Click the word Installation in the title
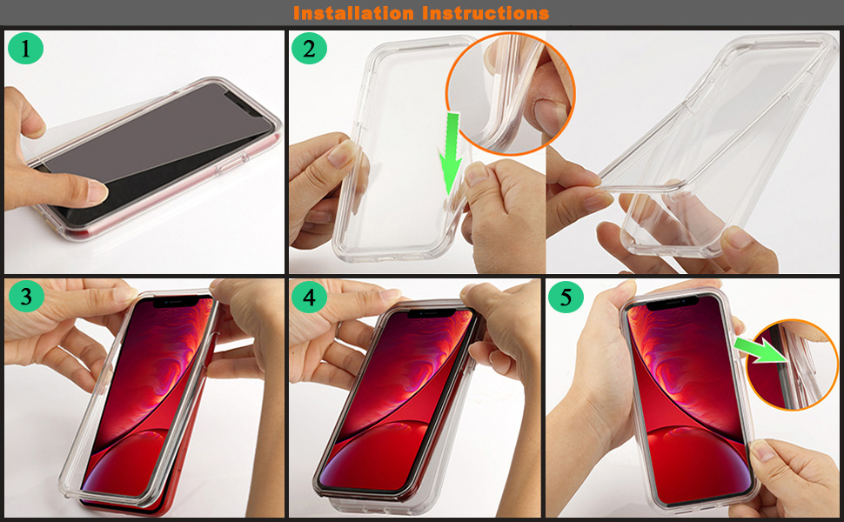[x=353, y=13]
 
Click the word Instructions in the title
[x=486, y=13]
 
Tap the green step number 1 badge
[x=26, y=49]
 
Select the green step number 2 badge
[x=309, y=49]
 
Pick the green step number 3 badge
[x=26, y=296]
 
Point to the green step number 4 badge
[x=309, y=297]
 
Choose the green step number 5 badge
[x=566, y=297]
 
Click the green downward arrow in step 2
[x=451, y=153]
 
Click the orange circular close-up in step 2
[x=510, y=94]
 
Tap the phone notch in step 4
[x=430, y=312]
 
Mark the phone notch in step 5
[x=673, y=304]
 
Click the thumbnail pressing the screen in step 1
[x=96, y=192]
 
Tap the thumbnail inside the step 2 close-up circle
[x=550, y=114]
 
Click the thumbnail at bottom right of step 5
[x=761, y=450]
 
